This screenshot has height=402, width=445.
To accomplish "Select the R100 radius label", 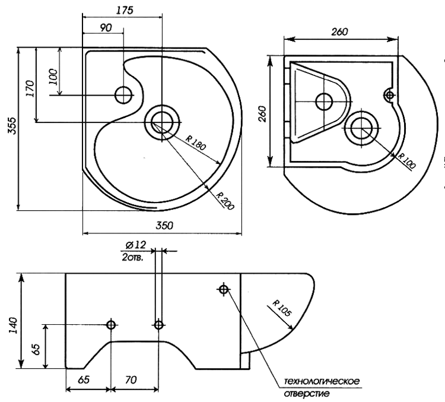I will pos(406,159).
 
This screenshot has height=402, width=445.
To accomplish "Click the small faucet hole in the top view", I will pos(124,94).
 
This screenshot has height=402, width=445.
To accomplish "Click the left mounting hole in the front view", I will pos(111,325).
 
